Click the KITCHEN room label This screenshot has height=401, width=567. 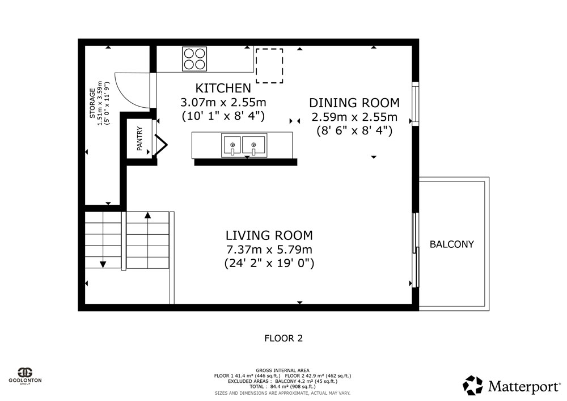coord(223,88)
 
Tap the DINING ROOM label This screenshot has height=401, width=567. coord(354,103)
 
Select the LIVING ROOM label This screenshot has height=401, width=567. coord(269,235)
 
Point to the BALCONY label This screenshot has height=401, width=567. coord(452,244)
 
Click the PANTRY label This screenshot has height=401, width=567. coord(139,139)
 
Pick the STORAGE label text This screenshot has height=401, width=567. coord(92,103)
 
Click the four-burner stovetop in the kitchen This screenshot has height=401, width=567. coord(194,59)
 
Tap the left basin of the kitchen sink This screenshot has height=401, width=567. coord(231,145)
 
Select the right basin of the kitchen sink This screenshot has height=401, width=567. coord(253,145)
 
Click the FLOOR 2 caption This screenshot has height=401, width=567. coord(283,339)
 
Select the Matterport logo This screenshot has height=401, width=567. coord(511,386)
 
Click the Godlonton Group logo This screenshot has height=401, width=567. coord(26,375)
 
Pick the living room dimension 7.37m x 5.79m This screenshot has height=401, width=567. coord(269,250)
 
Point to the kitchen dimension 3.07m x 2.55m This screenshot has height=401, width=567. coord(223,102)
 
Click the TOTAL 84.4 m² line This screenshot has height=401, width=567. coord(282,386)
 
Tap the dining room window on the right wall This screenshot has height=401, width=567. coord(416,104)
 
